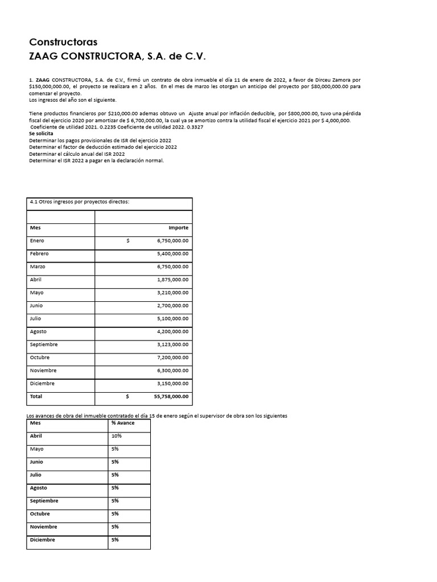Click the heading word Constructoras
click(63, 43)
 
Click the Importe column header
click(178, 228)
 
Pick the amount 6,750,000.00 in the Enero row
click(172, 240)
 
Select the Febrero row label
click(39, 253)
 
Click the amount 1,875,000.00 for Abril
click(172, 280)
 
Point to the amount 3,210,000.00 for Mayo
click(172, 293)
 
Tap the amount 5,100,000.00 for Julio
click(172, 319)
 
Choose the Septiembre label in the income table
click(44, 344)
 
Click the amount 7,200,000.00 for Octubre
click(172, 357)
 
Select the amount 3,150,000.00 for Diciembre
click(172, 384)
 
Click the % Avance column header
click(122, 423)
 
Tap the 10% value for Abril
click(117, 436)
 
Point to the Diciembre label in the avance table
click(42, 540)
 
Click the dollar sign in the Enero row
click(128, 240)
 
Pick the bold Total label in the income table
click(36, 397)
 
